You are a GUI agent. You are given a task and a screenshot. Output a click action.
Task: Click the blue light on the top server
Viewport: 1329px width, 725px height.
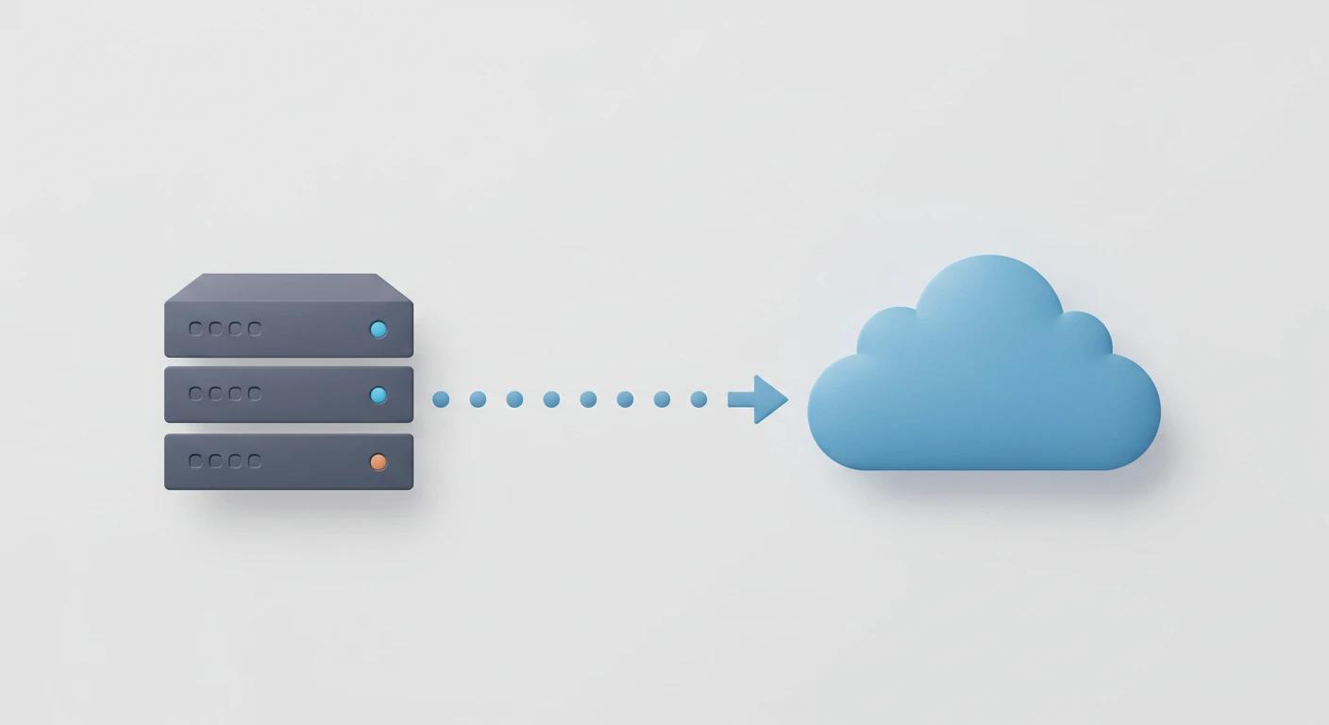[x=379, y=329]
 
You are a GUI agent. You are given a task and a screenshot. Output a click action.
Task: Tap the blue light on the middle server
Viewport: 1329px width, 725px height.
[x=379, y=396]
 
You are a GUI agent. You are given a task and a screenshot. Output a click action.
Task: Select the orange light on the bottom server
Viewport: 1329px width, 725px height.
[x=379, y=462]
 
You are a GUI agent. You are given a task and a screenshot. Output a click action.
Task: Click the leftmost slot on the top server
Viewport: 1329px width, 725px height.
[x=196, y=329]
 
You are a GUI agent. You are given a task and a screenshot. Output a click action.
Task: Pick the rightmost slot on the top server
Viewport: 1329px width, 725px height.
[x=254, y=329]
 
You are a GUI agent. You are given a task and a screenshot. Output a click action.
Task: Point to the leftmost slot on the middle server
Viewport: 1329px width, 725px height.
[x=196, y=394]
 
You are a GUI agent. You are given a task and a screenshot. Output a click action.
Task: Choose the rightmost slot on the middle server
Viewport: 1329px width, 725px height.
[x=254, y=394]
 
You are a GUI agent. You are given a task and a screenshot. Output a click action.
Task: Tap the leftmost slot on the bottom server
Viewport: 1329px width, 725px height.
[x=196, y=461]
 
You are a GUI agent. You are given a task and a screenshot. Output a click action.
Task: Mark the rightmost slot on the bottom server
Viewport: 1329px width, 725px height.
[x=254, y=461]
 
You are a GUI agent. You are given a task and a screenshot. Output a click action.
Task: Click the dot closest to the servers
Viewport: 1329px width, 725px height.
[x=441, y=399]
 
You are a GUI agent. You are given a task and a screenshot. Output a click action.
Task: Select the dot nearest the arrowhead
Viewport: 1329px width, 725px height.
[x=698, y=399]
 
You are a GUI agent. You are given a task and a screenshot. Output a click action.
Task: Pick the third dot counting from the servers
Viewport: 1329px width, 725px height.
[x=514, y=399]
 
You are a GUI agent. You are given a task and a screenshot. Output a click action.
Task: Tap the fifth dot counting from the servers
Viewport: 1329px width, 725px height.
[x=588, y=399]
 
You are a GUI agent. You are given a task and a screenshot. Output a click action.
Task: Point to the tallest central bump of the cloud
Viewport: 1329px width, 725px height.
[x=988, y=293]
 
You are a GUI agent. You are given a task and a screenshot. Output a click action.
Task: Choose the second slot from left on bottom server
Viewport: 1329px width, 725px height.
[x=215, y=461]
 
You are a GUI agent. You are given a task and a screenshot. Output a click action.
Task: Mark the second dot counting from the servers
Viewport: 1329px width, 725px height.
[x=478, y=399]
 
